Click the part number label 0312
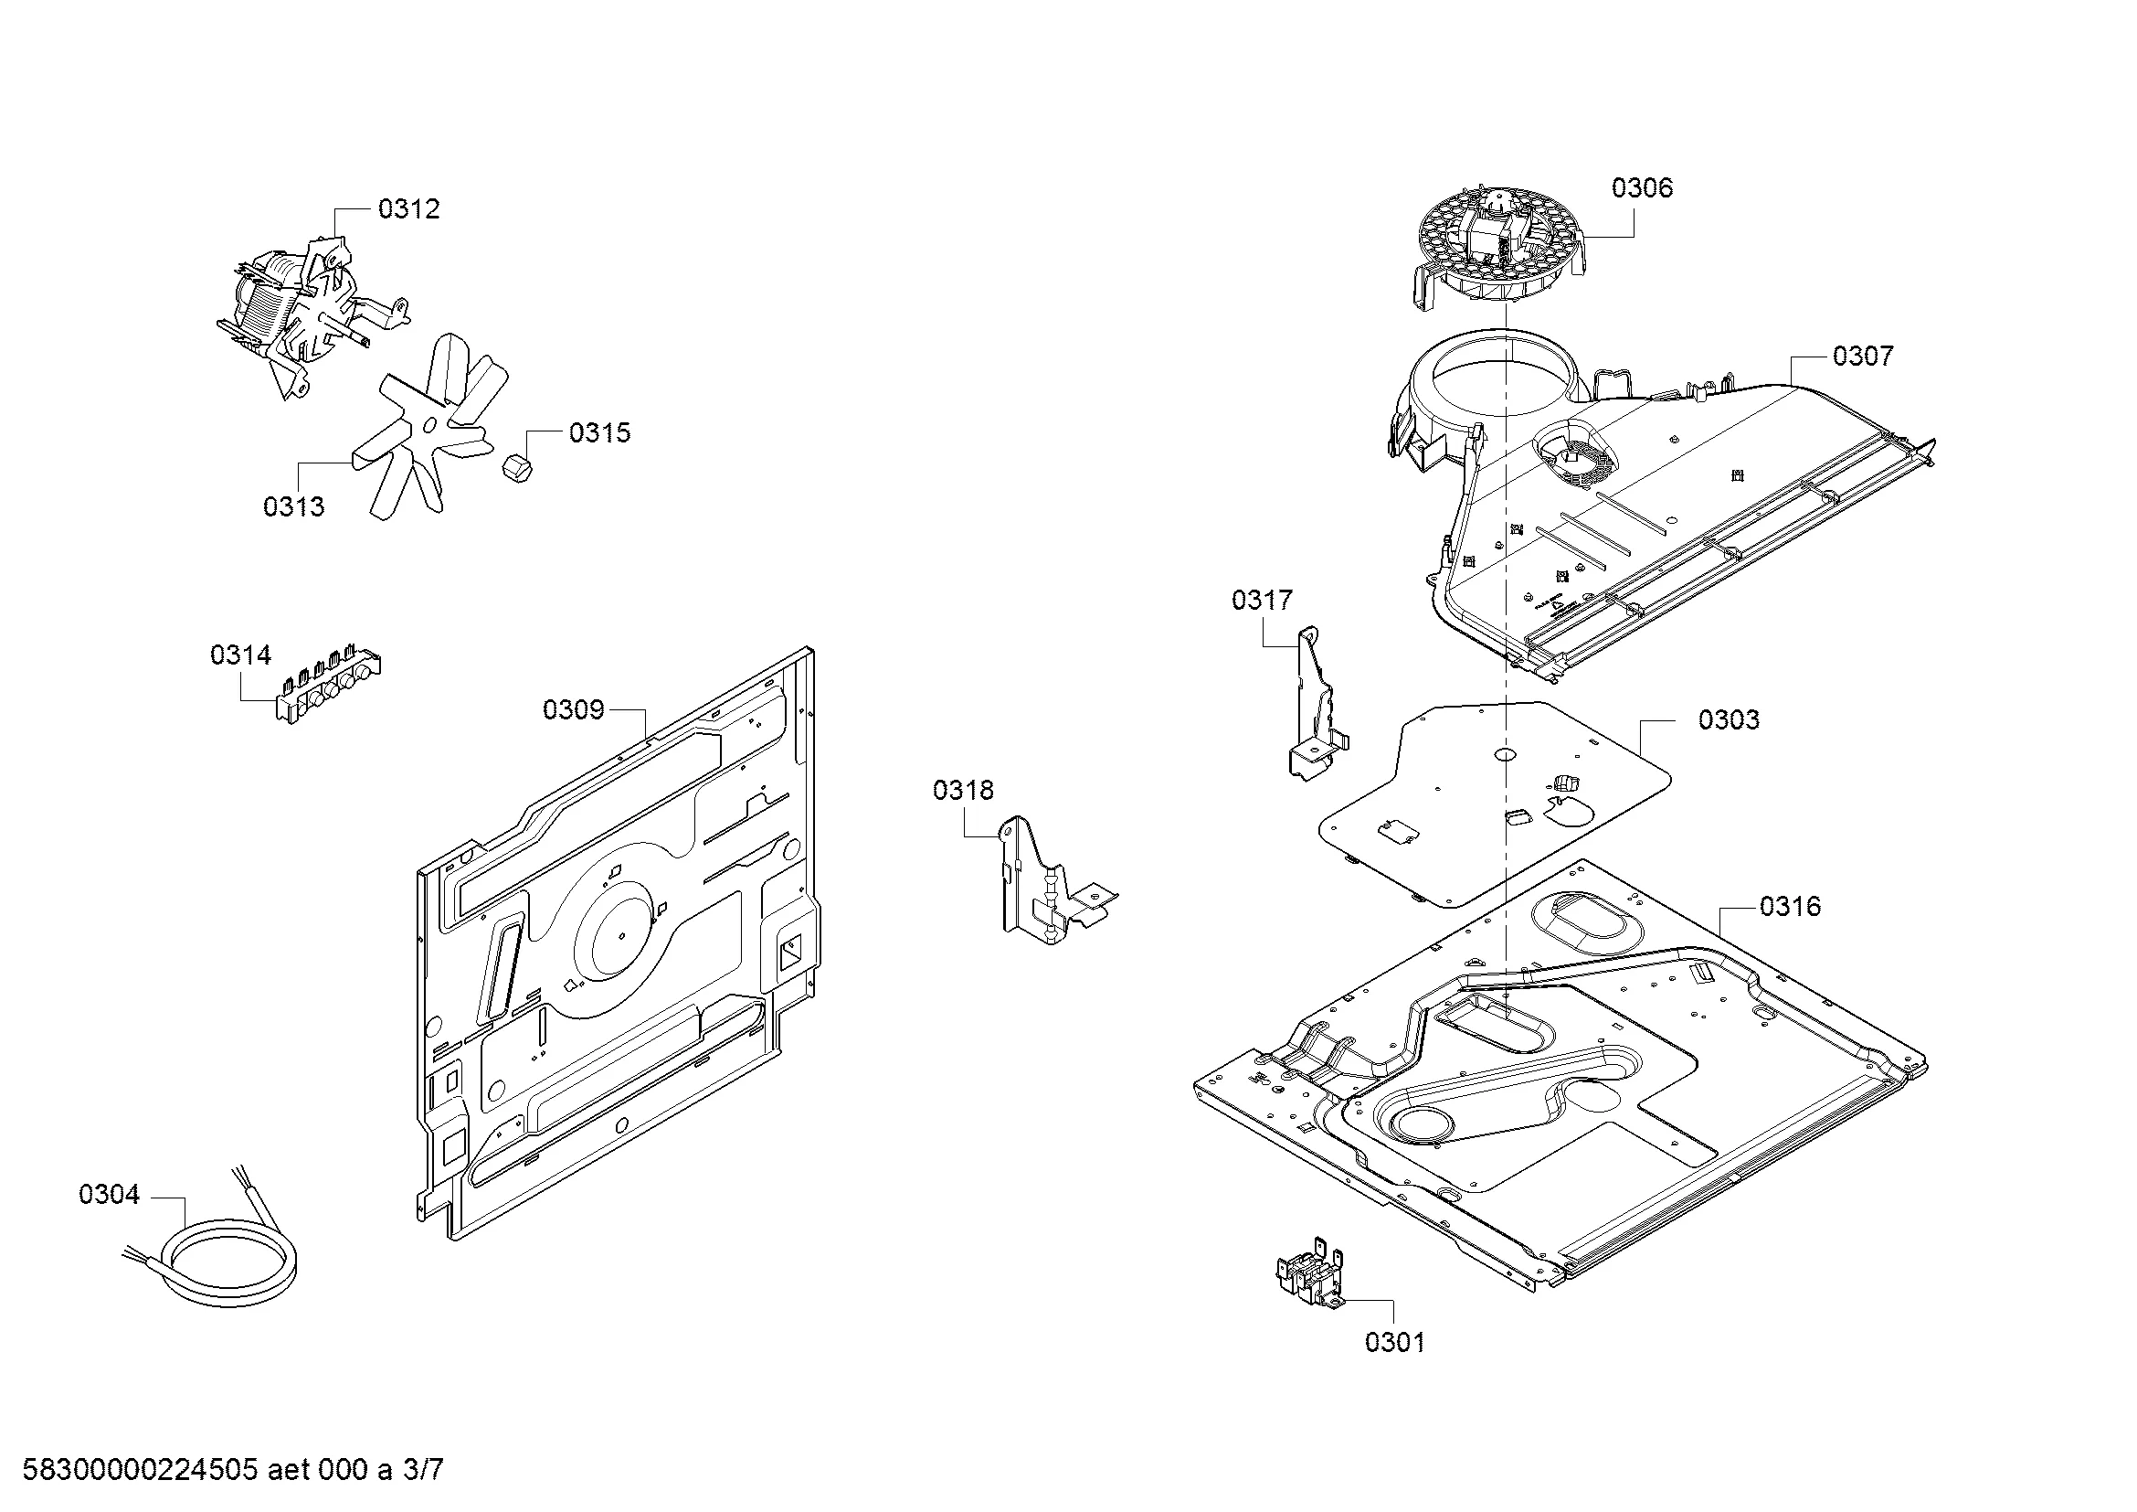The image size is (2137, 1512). [408, 209]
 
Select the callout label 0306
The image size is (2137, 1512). [1642, 188]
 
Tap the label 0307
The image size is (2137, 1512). [1862, 356]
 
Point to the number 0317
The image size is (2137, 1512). [1262, 601]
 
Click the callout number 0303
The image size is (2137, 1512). [1729, 719]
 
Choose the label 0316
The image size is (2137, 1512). [1790, 906]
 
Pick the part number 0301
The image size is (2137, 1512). [1394, 1342]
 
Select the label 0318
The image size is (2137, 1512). [963, 791]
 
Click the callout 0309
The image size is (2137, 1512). [574, 710]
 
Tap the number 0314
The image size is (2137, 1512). [241, 655]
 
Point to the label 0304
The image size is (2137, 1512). [109, 1195]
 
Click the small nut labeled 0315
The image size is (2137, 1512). [515, 467]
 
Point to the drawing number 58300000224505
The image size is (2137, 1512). [140, 1470]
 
